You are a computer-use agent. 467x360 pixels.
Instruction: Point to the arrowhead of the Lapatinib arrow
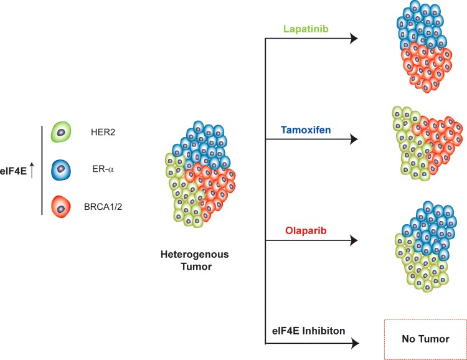coord(354,39)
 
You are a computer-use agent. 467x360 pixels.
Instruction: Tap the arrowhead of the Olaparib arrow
coord(354,240)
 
